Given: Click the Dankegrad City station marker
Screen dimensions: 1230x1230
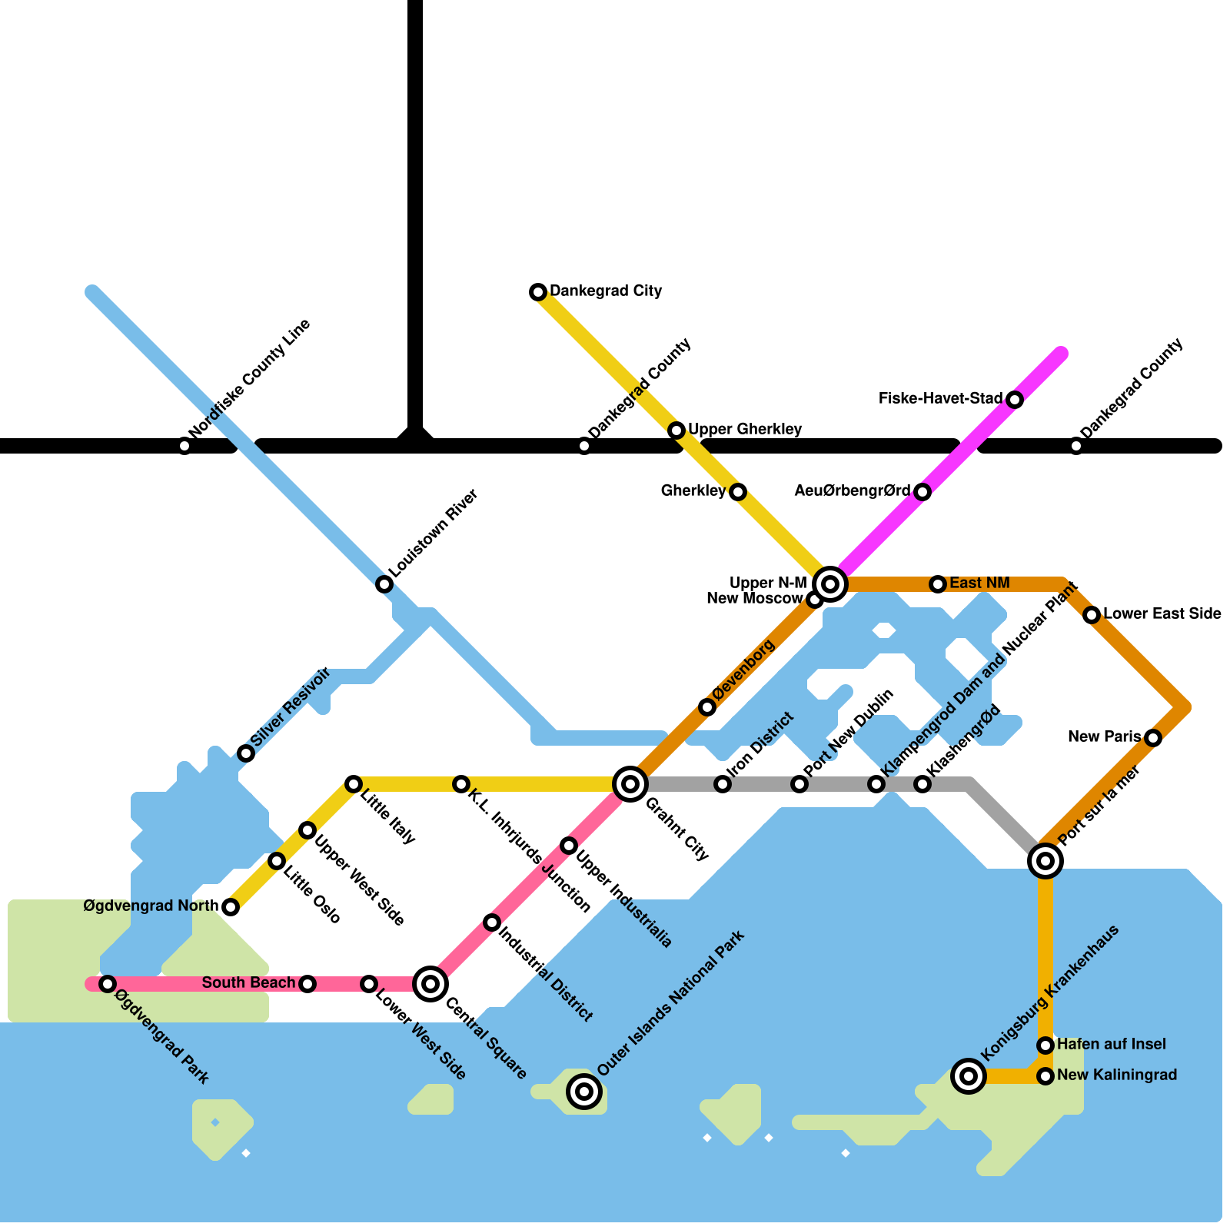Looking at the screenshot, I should (x=538, y=292).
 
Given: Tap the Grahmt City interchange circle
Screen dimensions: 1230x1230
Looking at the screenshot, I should (x=630, y=784).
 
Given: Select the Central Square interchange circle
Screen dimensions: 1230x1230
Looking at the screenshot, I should (x=430, y=984).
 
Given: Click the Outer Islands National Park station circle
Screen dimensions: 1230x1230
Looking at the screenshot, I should (x=584, y=1092).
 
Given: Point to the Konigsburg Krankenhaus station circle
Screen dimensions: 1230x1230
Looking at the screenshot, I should (x=969, y=1076).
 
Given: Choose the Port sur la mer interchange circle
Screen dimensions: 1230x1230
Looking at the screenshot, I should (x=1045, y=861).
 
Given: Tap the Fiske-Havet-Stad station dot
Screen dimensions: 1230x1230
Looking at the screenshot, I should (x=1015, y=400).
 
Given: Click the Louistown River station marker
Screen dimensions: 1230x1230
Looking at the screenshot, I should (x=384, y=584).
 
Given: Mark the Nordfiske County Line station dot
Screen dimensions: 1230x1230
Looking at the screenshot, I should (x=184, y=446).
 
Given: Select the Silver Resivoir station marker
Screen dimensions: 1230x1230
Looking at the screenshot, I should (x=246, y=753).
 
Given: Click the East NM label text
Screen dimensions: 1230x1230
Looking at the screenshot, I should (x=979, y=583).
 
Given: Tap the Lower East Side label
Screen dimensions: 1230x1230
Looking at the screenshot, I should (x=1162, y=614).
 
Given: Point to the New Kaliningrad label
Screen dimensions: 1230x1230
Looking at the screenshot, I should (x=1117, y=1075).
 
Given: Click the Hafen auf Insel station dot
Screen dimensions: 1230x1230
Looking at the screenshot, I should (x=1045, y=1045).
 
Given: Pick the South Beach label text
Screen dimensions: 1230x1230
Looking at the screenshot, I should (x=248, y=983).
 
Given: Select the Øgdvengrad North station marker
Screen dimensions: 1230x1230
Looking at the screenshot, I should (x=231, y=907).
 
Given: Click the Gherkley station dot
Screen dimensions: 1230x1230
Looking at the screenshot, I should (x=738, y=492).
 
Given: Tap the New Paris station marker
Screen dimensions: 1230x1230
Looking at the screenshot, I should (x=1153, y=738).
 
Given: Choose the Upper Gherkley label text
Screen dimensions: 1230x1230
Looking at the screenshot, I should (x=745, y=429).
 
